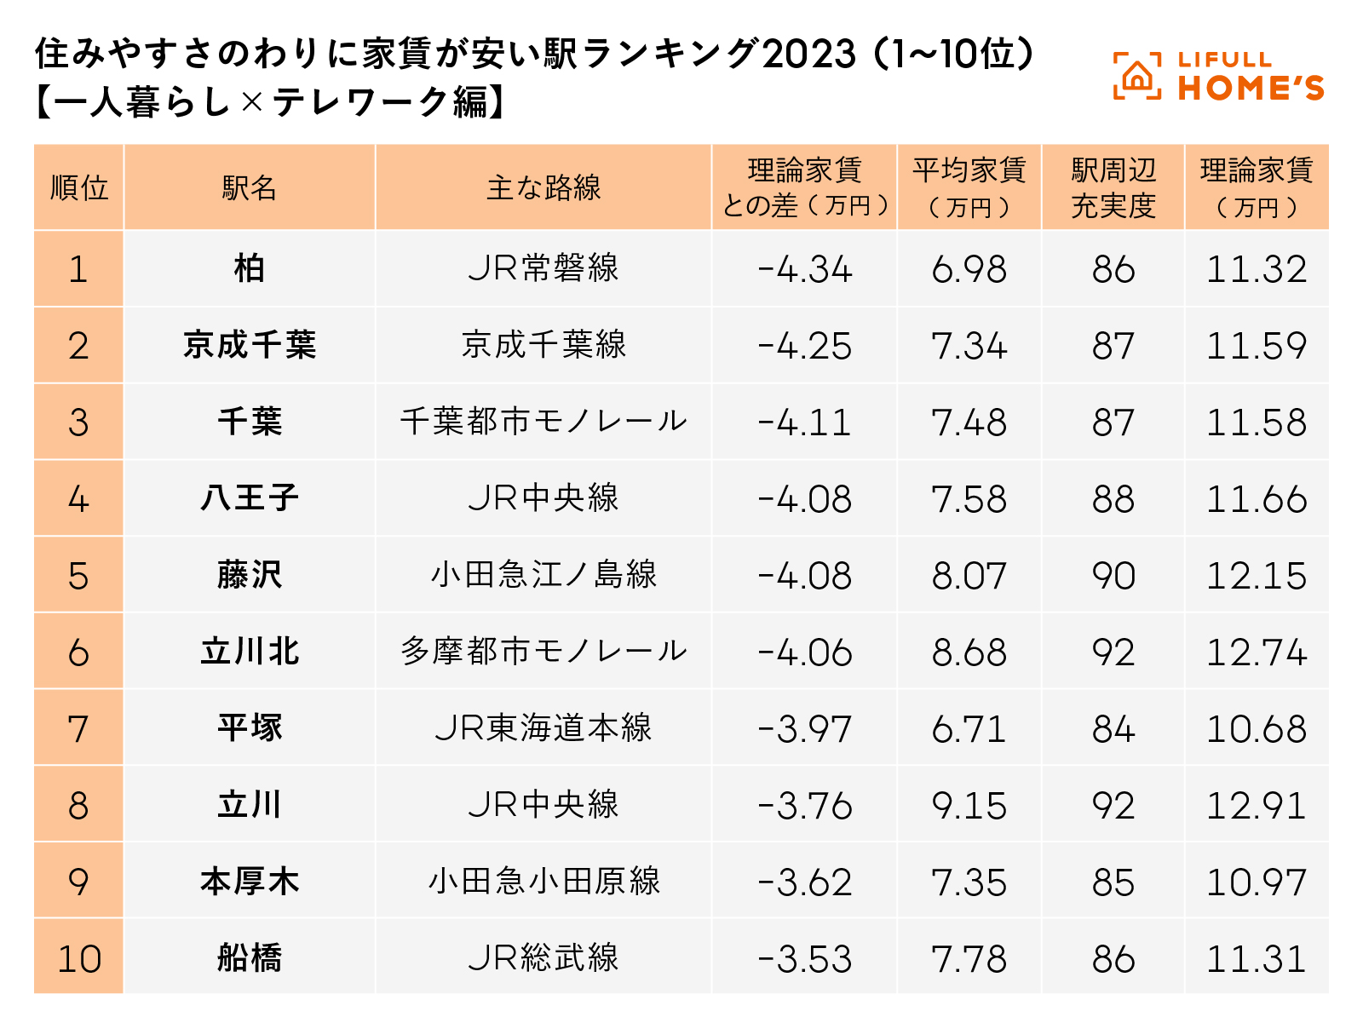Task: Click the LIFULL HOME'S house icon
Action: [1136, 77]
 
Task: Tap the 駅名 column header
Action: [250, 188]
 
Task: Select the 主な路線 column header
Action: [543, 188]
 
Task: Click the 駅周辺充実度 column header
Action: [1113, 188]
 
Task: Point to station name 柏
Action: [250, 269]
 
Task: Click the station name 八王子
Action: [250, 498]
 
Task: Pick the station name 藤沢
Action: [250, 575]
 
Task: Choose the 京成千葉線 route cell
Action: [543, 345]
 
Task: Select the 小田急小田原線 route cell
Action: [543, 882]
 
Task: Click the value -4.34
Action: [804, 270]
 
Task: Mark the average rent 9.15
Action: [969, 806]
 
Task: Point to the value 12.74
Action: [1257, 653]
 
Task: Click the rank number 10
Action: [79, 959]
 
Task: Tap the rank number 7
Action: [78, 729]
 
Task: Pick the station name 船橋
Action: [250, 958]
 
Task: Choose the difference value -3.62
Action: [804, 882]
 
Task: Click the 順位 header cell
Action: [79, 188]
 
